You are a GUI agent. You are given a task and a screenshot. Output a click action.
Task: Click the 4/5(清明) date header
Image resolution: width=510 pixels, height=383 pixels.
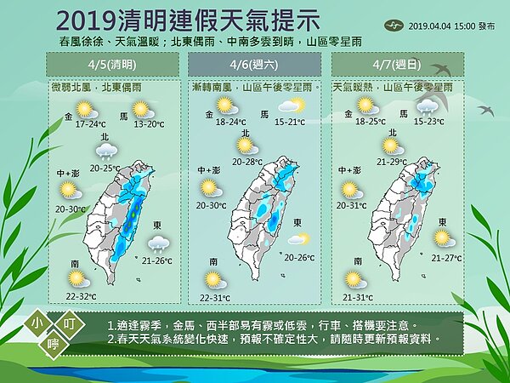point(112,64)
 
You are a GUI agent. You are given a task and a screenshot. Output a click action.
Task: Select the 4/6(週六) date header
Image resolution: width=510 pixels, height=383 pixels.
point(255,64)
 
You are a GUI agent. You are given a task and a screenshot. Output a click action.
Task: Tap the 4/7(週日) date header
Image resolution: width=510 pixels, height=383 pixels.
point(394,64)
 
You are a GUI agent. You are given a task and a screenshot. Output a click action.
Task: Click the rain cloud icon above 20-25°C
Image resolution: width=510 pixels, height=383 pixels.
point(107,151)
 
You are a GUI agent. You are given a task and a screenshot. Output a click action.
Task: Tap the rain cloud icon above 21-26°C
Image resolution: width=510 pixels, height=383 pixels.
point(158,243)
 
